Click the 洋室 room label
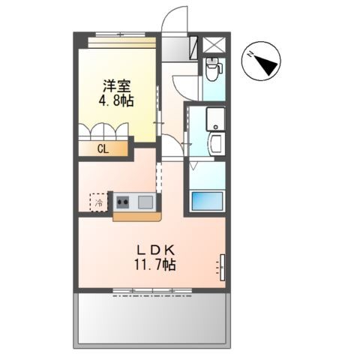[117, 86]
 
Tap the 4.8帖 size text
[116, 100]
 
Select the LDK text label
[155, 250]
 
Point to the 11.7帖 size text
[155, 264]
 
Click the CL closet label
[103, 149]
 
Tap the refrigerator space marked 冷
[99, 202]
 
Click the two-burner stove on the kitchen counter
[123, 202]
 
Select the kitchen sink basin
[145, 202]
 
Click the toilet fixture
[212, 69]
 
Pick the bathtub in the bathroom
[207, 201]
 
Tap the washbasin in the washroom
[215, 145]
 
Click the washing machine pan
[215, 118]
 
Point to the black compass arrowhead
[266, 64]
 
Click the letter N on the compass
[250, 54]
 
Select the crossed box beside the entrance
[214, 45]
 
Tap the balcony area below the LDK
[152, 319]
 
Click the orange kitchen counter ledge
[137, 217]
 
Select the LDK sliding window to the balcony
[152, 291]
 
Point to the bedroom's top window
[121, 34]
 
